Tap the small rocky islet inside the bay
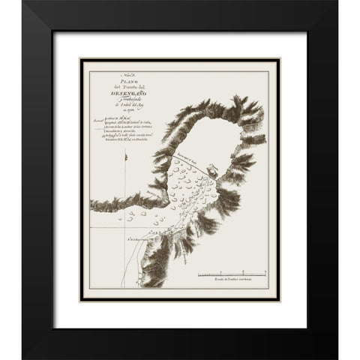click(x=213, y=170)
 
